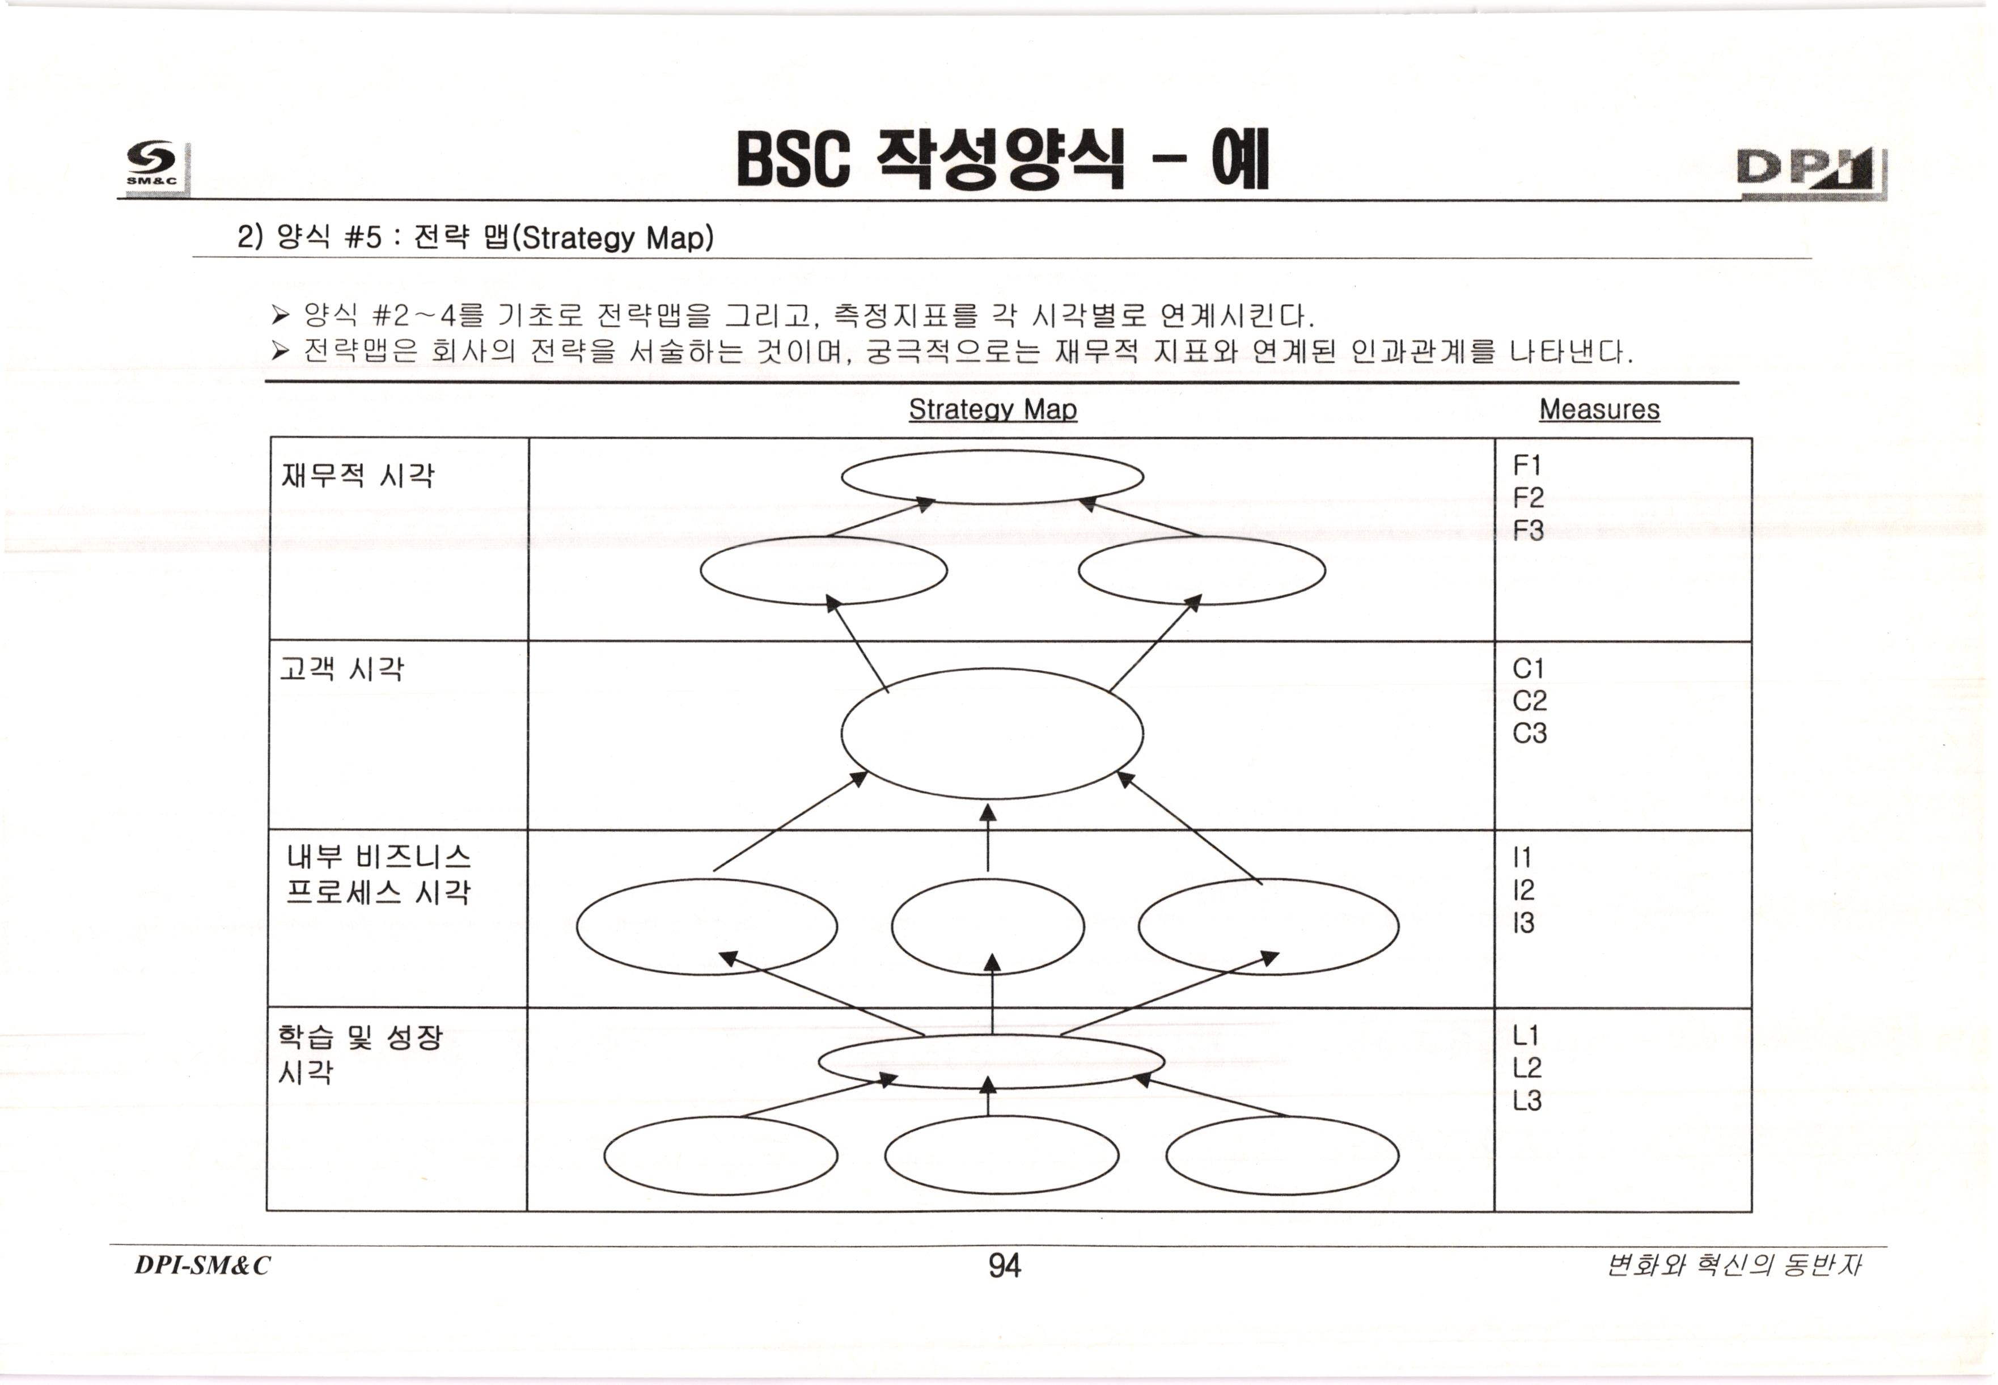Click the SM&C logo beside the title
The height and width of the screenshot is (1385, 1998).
tap(154, 165)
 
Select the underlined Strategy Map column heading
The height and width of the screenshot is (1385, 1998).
tap(992, 409)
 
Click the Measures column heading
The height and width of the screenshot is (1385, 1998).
tap(1599, 409)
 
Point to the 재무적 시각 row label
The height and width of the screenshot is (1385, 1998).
tap(357, 476)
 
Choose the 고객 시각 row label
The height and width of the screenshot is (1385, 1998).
tap(341, 669)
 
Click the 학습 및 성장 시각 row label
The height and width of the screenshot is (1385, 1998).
tap(359, 1053)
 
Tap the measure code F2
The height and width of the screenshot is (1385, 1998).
tap(1527, 498)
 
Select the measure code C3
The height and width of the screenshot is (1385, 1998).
tap(1529, 733)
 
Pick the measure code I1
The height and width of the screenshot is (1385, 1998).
tap(1522, 857)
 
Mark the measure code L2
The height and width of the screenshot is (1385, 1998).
tap(1527, 1068)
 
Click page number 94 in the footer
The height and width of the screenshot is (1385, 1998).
tap(1004, 1266)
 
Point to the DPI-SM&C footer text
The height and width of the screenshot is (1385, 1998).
tap(202, 1266)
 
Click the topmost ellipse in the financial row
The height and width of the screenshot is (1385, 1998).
tap(992, 476)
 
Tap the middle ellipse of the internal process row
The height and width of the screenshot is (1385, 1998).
tap(988, 927)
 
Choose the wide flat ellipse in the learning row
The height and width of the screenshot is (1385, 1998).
tap(991, 1061)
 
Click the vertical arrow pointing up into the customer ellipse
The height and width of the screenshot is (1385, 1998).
tap(988, 837)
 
